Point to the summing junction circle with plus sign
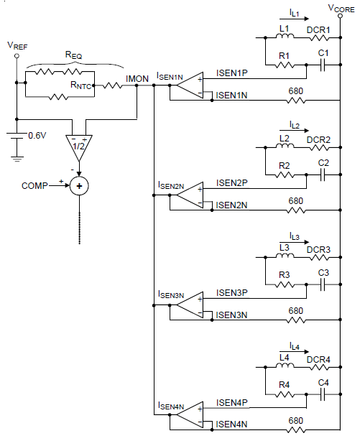pyautogui.click(x=80, y=185)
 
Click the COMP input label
pyautogui.click(x=35, y=185)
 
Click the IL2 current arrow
pyautogui.click(x=295, y=131)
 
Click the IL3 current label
pyautogui.click(x=295, y=236)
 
